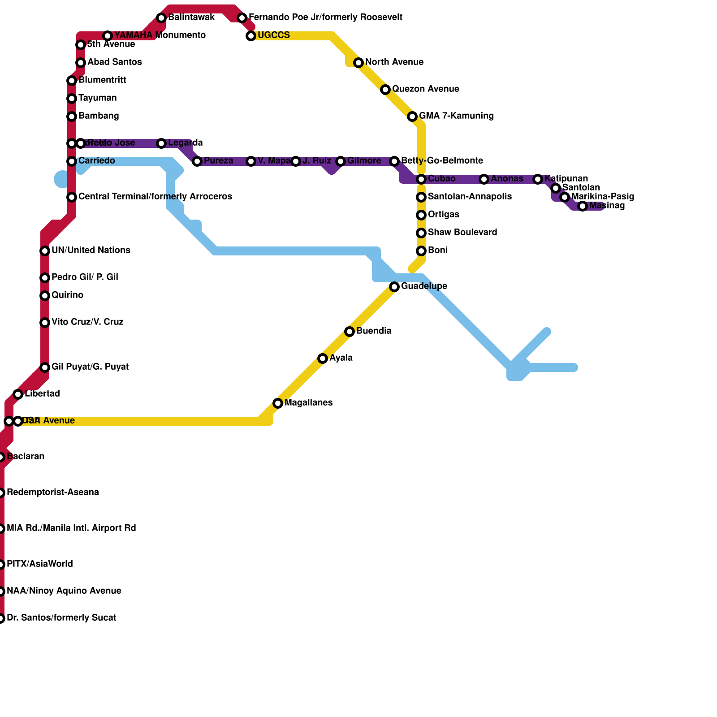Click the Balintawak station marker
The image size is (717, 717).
[x=161, y=18]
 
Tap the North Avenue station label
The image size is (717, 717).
[x=394, y=62]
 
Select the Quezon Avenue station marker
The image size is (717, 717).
[x=385, y=90]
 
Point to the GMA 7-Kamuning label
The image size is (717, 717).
[x=456, y=116]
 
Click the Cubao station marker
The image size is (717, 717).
[x=421, y=179]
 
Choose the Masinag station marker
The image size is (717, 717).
[x=583, y=206]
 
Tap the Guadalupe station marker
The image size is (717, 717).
[x=394, y=287]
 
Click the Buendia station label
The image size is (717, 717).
[x=374, y=331]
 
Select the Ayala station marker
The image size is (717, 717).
[x=323, y=358]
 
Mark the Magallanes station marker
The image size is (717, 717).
[x=278, y=403]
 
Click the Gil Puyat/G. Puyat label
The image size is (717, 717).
[x=90, y=367]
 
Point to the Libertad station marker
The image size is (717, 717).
[x=18, y=394]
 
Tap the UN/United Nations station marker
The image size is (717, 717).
[x=45, y=251]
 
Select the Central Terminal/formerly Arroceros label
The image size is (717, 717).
[x=155, y=197]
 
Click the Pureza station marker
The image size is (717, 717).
[x=197, y=161]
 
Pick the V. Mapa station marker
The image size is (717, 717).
[x=251, y=161]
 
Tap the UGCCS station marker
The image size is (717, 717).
[x=251, y=36]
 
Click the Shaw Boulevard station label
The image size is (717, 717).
[x=462, y=233]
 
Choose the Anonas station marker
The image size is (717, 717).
[x=484, y=179]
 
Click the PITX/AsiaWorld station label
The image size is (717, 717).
[x=39, y=564]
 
